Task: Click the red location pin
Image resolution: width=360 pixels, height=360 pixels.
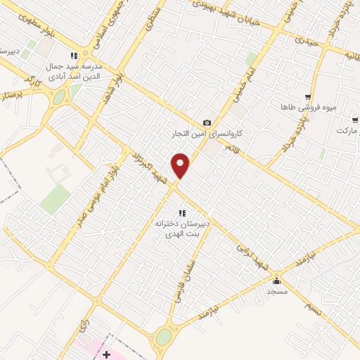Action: (x=181, y=165)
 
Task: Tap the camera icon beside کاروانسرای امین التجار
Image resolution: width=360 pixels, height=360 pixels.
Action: (x=207, y=123)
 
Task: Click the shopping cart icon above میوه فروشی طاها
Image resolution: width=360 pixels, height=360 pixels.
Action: (x=307, y=97)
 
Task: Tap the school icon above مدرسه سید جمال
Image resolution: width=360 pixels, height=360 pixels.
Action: (x=74, y=56)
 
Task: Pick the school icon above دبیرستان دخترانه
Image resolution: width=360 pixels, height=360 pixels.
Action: (x=181, y=213)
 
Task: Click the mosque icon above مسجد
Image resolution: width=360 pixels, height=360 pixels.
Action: (x=276, y=281)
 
